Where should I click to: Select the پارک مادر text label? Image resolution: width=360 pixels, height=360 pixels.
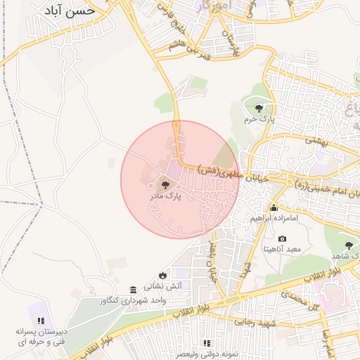click(165, 198)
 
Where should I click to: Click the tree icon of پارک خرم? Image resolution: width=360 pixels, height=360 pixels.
click(260, 108)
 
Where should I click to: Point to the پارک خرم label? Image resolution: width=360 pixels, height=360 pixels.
click(259, 120)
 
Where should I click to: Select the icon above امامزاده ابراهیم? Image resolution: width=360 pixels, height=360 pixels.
click(274, 208)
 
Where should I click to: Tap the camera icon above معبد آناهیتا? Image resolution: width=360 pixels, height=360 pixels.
click(282, 239)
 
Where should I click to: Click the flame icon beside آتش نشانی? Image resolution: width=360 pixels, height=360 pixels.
click(163, 275)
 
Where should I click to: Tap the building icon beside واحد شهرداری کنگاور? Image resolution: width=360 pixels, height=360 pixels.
click(133, 290)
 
